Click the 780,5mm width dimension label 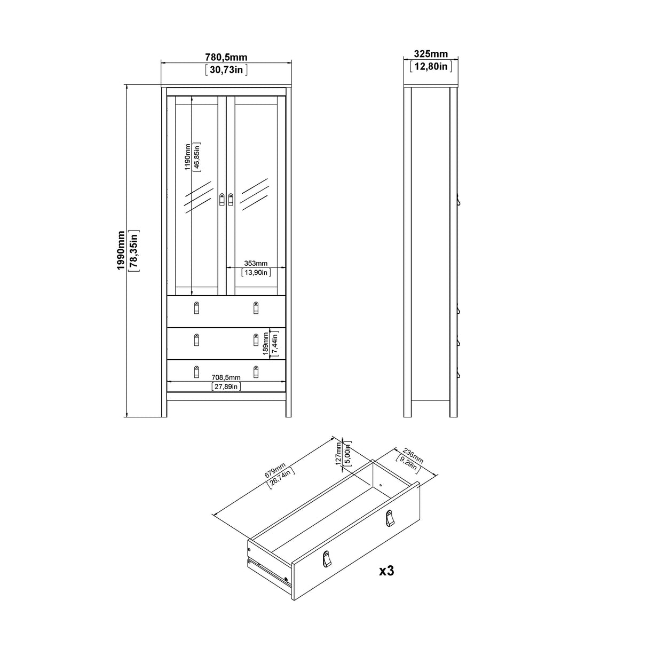[x=226, y=57]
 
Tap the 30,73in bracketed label [x=226, y=69]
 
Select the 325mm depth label [x=431, y=54]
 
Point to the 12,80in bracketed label [x=431, y=66]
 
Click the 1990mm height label [x=121, y=250]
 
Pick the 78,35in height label [x=134, y=250]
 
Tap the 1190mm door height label [x=188, y=157]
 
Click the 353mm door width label [x=256, y=263]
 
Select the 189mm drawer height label [x=266, y=344]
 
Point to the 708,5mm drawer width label [x=226, y=377]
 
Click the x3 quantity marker [x=386, y=571]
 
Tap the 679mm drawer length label [x=275, y=470]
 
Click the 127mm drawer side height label [x=338, y=454]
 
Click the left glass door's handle [x=222, y=199]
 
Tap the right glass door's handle [x=231, y=199]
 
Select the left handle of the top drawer [x=197, y=307]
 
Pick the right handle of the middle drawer [x=256, y=340]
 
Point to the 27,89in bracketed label [x=226, y=386]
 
